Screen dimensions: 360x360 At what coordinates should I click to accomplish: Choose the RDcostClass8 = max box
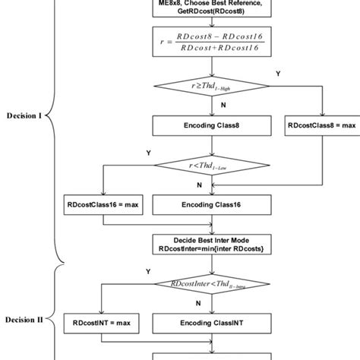(x=322, y=125)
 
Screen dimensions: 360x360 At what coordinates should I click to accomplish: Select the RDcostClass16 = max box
(x=103, y=205)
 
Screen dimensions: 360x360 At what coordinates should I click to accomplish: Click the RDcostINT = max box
(x=103, y=323)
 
